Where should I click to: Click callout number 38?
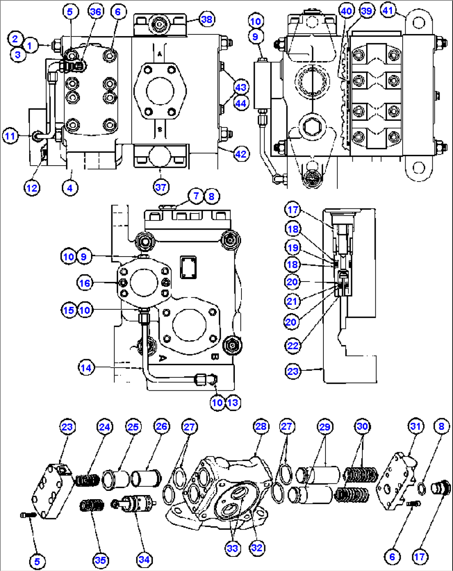[207, 19]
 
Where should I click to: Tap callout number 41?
[388, 10]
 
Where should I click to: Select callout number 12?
[32, 188]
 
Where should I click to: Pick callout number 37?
[161, 187]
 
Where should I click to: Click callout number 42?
[241, 154]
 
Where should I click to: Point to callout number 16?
[84, 283]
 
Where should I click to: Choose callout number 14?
[86, 368]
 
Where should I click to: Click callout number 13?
[233, 402]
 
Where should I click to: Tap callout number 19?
[293, 248]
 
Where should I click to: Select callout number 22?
[293, 346]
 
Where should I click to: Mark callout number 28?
[261, 426]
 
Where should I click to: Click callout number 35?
[101, 560]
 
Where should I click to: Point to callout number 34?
[144, 559]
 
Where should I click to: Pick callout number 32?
[257, 548]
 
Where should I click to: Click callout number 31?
[416, 426]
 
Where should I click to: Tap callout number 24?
[104, 426]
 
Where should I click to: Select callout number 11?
[10, 136]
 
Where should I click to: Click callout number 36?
[96, 11]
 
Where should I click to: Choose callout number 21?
[292, 301]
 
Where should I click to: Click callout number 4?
[70, 188]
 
